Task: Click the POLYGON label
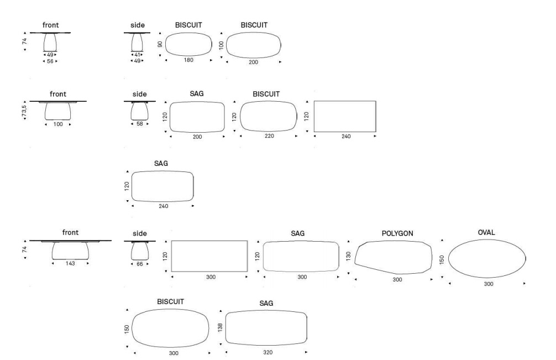[397, 233]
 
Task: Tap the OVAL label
[486, 232]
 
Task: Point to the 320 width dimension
[267, 352]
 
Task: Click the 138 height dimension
[220, 327]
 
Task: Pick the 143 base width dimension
[70, 264]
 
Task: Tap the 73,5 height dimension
[24, 111]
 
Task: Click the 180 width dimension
[188, 60]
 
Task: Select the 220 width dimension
[269, 136]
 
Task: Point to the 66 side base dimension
[140, 264]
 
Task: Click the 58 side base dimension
[140, 124]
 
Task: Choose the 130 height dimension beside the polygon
[348, 255]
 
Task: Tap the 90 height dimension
[160, 44]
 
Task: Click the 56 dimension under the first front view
[50, 61]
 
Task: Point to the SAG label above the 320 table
[266, 303]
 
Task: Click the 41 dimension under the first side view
[137, 55]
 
